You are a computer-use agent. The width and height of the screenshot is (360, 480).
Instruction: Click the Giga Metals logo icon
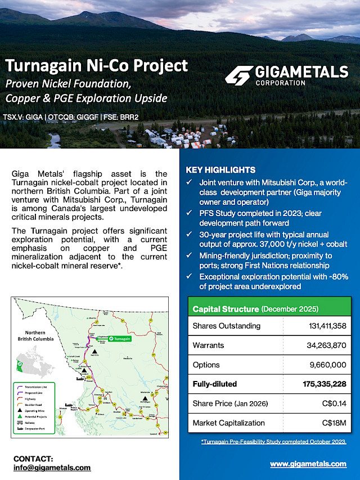(x=238, y=75)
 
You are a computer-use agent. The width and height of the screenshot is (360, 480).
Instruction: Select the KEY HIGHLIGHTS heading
(x=220, y=170)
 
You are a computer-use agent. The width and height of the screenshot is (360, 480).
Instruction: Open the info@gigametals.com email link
(x=52, y=468)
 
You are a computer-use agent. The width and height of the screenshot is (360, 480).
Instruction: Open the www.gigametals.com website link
(x=308, y=464)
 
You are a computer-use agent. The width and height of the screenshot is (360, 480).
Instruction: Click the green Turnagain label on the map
(x=119, y=339)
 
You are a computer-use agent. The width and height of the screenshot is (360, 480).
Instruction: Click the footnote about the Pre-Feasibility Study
(x=273, y=442)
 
